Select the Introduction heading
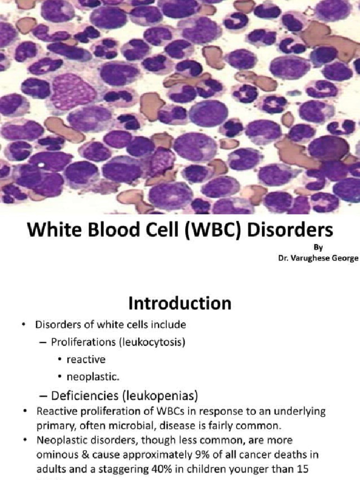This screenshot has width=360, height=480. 180,303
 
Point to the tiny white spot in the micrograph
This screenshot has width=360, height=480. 41,165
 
